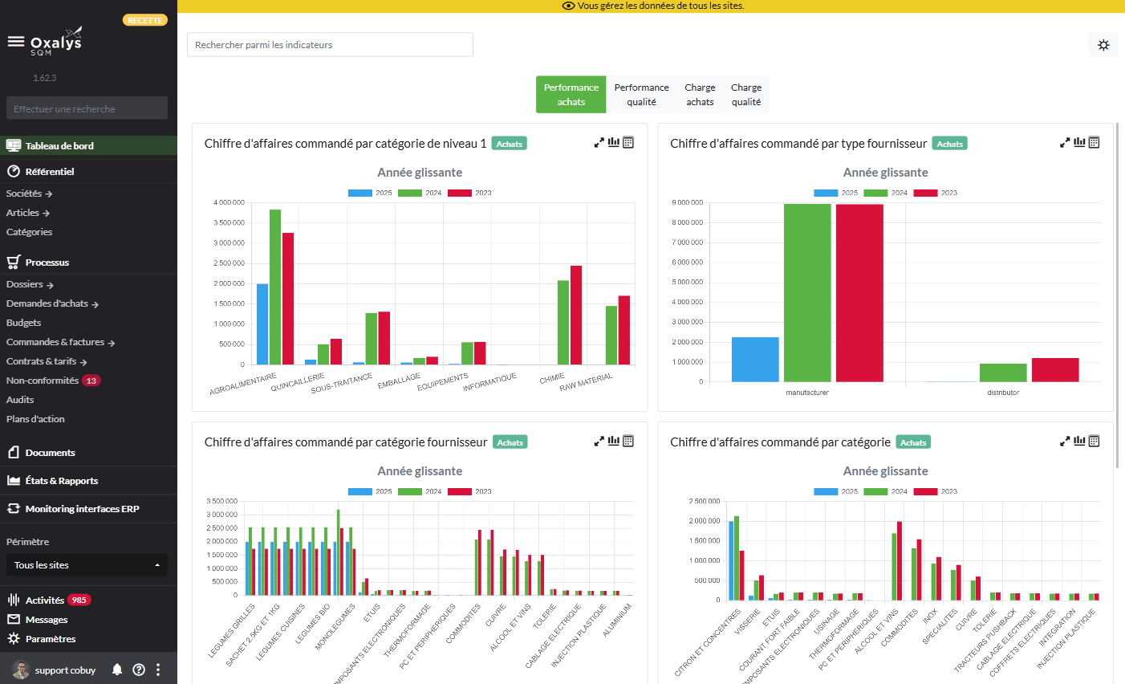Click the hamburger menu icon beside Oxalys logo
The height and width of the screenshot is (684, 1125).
point(15,41)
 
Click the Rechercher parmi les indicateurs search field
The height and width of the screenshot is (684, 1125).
point(330,45)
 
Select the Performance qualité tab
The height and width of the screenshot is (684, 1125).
point(641,95)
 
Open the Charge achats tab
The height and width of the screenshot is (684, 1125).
point(700,95)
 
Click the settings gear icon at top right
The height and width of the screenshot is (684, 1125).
point(1103,45)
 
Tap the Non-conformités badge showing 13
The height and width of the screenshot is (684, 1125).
point(91,381)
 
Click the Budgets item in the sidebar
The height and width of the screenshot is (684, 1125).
point(24,323)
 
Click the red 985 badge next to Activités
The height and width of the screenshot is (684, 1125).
point(79,600)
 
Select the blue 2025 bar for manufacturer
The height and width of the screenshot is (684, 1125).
point(755,359)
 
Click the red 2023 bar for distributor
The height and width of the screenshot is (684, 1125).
point(1055,369)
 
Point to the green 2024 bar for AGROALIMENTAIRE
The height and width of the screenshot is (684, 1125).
point(275,287)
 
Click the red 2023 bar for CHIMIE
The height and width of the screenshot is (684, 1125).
point(576,315)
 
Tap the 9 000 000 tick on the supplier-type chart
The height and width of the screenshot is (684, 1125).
point(687,202)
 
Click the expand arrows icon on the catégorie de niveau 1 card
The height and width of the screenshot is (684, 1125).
point(599,143)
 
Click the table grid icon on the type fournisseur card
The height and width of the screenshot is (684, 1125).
point(1094,143)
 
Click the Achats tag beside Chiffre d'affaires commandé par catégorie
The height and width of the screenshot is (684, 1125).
point(913,442)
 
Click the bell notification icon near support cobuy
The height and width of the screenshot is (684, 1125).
point(117,670)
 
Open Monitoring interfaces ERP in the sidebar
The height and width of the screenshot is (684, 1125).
point(82,509)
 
